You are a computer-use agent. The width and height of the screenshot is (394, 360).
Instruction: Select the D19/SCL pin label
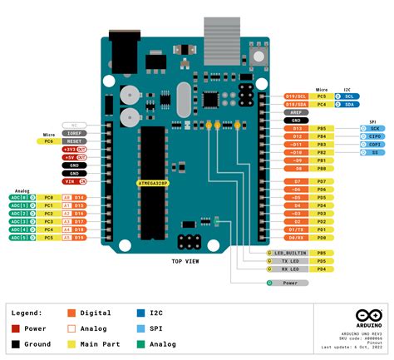pos(296,96)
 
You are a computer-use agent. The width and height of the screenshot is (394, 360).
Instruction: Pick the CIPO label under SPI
pos(375,136)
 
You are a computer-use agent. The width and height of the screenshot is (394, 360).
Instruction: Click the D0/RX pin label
pos(296,238)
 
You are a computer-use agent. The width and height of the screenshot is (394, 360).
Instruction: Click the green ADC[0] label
pos(20,197)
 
